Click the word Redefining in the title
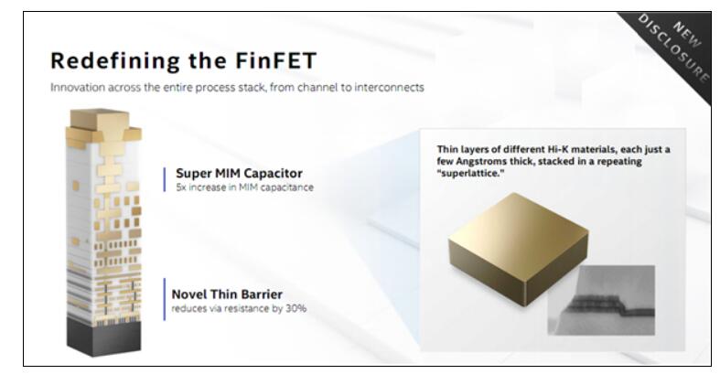point(115,61)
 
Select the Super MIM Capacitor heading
point(239,174)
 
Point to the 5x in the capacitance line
point(181,187)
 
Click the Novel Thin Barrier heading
point(227,294)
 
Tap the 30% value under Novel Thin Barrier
point(296,308)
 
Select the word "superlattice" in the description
point(471,174)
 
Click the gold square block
point(519,248)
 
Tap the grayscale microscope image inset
point(601,300)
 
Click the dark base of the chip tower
point(103,337)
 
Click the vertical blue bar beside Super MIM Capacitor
point(165,179)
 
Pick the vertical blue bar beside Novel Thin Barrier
point(165,299)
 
